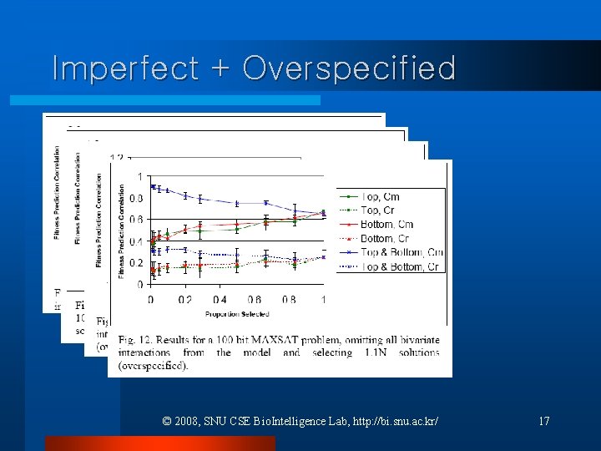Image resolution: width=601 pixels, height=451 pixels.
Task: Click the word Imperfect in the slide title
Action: [124, 68]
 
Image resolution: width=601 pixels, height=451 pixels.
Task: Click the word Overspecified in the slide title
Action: [349, 68]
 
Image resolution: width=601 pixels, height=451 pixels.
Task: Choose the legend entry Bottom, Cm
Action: [386, 225]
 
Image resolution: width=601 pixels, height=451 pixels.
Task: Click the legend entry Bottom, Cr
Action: [386, 239]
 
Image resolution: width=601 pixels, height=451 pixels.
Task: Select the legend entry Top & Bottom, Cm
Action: [402, 252]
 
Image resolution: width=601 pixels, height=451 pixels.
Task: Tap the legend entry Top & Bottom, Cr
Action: [401, 266]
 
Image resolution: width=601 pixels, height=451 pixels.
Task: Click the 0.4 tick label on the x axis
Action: [220, 299]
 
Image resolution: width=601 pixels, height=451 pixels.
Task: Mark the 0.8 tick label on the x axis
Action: [289, 299]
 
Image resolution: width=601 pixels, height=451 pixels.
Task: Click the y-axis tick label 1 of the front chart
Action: [139, 176]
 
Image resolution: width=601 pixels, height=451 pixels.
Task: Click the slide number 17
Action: [543, 421]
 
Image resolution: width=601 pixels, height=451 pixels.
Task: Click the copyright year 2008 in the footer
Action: [186, 421]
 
